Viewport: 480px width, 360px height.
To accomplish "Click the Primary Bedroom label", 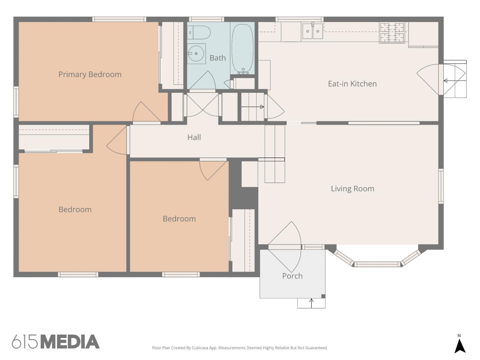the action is (x=90, y=75).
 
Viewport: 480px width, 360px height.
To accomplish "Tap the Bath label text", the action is (x=218, y=58).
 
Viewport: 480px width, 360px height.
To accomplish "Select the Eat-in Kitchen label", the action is (x=352, y=84).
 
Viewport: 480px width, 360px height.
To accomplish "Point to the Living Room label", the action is (x=352, y=188).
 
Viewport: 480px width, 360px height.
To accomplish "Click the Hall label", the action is (x=194, y=137).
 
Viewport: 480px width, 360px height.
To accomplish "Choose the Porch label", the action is (x=292, y=276).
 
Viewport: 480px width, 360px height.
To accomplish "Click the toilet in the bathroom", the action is (x=199, y=33).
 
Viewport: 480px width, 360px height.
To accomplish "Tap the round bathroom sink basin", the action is (x=196, y=53).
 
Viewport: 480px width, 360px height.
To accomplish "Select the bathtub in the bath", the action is (x=243, y=49).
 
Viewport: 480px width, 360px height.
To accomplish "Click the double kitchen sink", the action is (x=313, y=31).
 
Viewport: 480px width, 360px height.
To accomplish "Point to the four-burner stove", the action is (x=392, y=32).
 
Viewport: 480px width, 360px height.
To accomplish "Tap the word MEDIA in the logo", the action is (x=70, y=342).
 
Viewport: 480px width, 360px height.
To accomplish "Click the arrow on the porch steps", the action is (x=311, y=303).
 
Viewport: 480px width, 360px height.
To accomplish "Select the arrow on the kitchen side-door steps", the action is (x=455, y=81).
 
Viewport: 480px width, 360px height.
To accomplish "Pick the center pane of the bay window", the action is (x=377, y=264).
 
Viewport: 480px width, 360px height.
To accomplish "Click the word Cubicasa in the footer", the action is (x=200, y=348).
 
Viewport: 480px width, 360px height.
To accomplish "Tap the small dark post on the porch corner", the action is (x=323, y=296).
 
